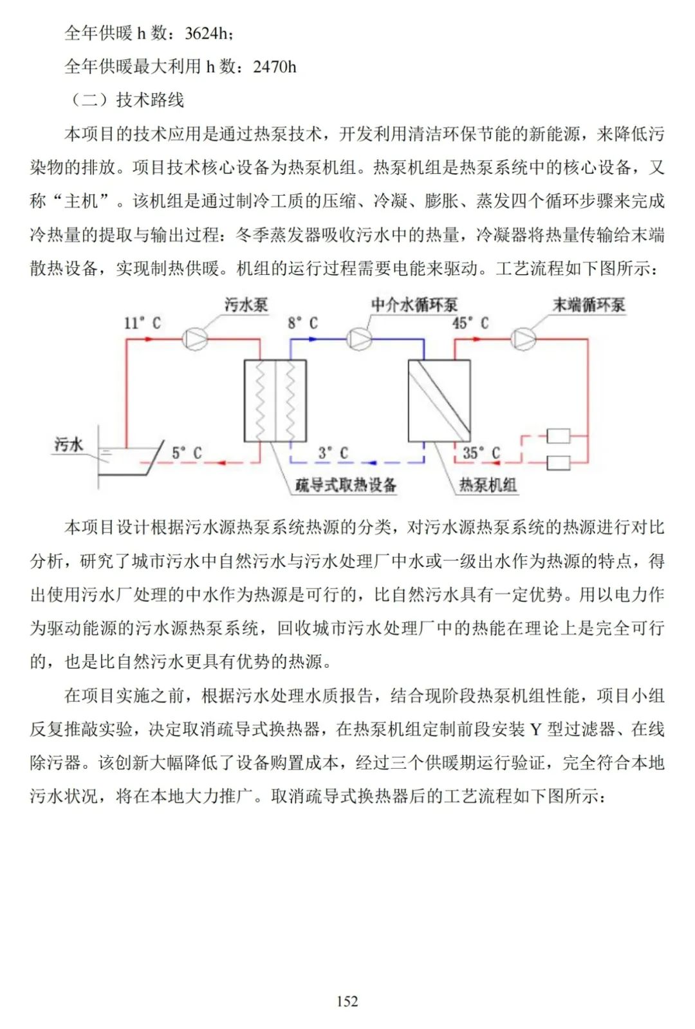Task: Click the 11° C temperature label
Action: (x=142, y=323)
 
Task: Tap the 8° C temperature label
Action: (x=302, y=323)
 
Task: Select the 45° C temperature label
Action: (x=470, y=323)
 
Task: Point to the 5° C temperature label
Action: (x=187, y=453)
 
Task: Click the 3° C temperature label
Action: (x=333, y=453)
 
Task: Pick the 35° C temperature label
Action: (x=481, y=453)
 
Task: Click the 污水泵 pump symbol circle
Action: (x=194, y=339)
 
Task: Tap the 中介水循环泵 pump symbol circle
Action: (x=359, y=339)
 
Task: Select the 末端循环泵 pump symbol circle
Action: (x=523, y=339)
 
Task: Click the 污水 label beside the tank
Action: (x=69, y=444)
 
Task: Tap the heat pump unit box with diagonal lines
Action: (x=440, y=401)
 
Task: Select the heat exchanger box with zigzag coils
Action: (x=275, y=401)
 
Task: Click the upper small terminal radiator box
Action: (x=558, y=437)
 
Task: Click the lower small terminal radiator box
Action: (x=558, y=462)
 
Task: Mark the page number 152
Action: (x=347, y=1001)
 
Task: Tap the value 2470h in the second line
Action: (x=275, y=66)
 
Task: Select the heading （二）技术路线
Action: (x=125, y=100)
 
